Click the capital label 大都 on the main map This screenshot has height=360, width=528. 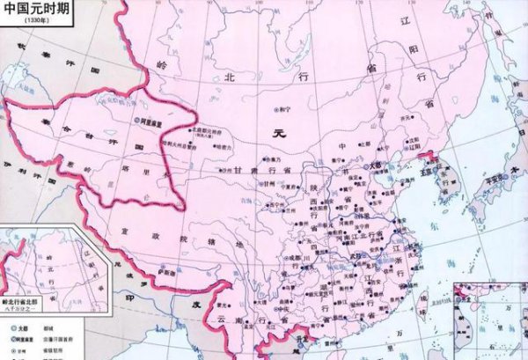(x=375, y=163)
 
